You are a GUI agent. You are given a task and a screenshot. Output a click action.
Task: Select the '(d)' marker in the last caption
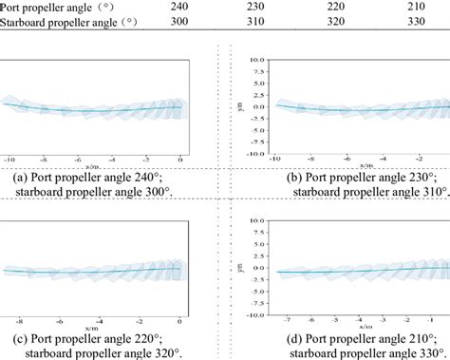(x=256, y=339)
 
